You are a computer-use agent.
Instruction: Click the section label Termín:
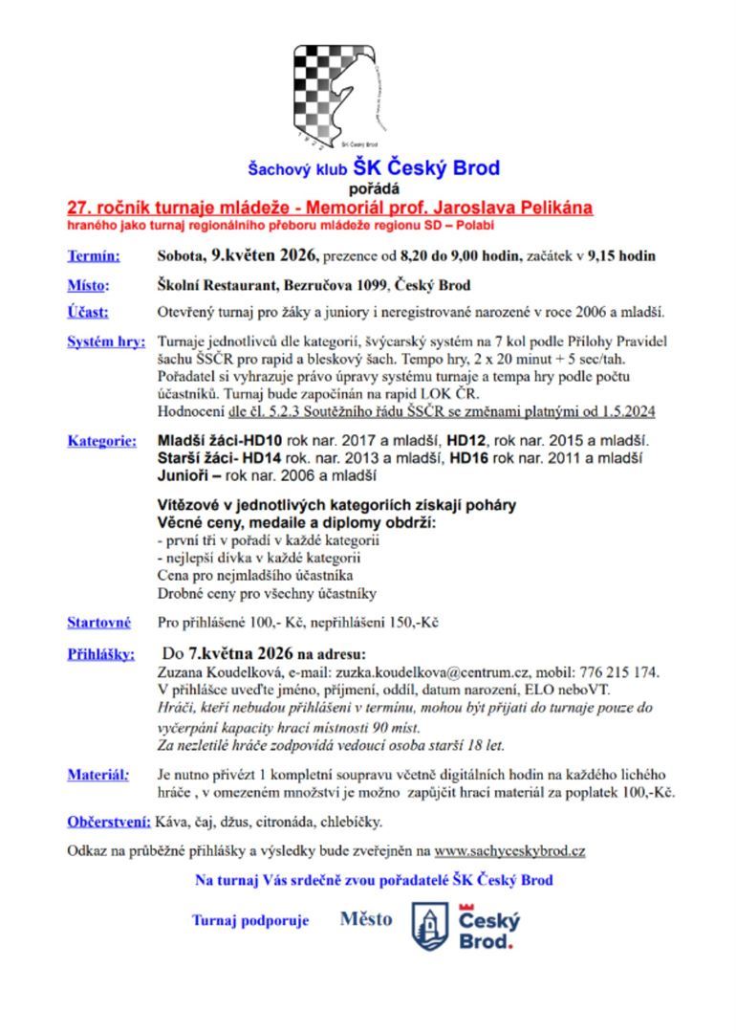93,256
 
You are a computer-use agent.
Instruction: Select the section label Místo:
88,285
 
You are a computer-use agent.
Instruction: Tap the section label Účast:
88,312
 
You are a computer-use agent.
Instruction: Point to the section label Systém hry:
105,341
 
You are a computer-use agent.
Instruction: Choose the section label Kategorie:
99,441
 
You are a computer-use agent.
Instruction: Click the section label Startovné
98,623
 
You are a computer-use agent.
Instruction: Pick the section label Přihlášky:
100,654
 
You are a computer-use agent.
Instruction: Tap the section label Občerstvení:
108,822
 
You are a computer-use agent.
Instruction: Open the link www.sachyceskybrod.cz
509,850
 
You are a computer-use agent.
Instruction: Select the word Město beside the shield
365,919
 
